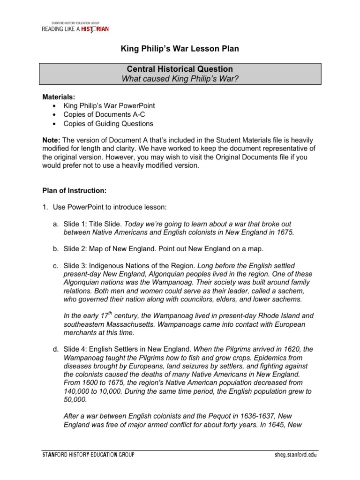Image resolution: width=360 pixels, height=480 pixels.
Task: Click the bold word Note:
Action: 51,141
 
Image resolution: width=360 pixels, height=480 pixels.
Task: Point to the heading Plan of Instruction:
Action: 75,191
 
